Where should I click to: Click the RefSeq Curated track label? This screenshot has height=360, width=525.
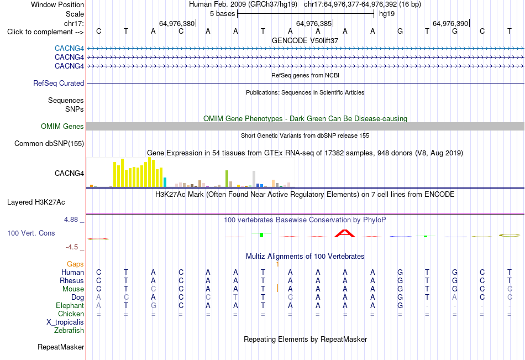(x=59, y=83)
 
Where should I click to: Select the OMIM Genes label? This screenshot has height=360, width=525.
(x=62, y=127)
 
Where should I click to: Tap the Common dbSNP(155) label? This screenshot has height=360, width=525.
(x=49, y=143)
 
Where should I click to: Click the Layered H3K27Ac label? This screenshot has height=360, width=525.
(x=36, y=202)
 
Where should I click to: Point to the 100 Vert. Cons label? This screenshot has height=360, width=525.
(x=31, y=233)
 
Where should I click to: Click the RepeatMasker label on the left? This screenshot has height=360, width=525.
(x=61, y=347)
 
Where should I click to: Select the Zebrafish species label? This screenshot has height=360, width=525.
(x=69, y=331)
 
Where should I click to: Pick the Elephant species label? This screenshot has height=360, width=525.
(x=70, y=306)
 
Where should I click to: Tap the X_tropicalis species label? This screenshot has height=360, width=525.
(x=65, y=322)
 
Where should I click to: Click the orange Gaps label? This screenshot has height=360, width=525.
(x=75, y=264)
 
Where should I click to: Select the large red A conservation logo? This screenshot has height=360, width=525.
(x=345, y=233)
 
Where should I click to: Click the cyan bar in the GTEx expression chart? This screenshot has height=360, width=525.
(x=165, y=182)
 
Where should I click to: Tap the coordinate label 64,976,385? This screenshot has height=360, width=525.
(x=314, y=23)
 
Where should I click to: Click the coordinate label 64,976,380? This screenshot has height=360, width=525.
(x=177, y=23)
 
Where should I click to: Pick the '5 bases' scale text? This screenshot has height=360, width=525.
(x=223, y=14)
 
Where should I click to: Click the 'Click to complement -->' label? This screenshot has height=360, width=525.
(x=45, y=32)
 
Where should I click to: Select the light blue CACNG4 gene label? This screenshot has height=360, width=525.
(x=69, y=48)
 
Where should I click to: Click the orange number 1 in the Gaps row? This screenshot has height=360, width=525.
(x=277, y=264)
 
